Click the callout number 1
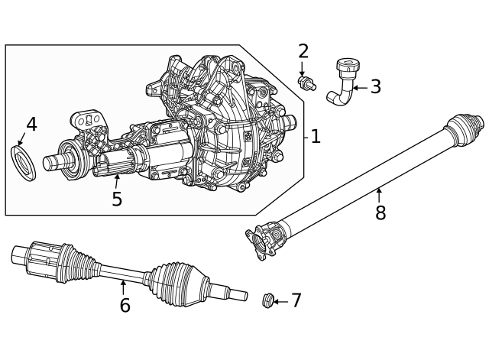click(x=315, y=137)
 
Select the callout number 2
click(x=303, y=51)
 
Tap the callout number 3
click(x=375, y=87)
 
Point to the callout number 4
click(x=31, y=125)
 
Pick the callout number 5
click(x=116, y=199)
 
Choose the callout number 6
click(x=125, y=306)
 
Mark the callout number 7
click(x=296, y=301)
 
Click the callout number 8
click(x=380, y=213)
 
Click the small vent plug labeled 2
click(x=307, y=83)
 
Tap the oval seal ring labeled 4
click(x=23, y=159)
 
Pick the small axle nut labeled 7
click(x=267, y=300)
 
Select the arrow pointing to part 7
click(x=280, y=301)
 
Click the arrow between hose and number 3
click(x=359, y=88)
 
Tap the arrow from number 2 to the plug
click(x=303, y=68)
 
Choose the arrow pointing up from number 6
click(x=123, y=287)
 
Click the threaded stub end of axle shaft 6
click(x=232, y=293)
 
